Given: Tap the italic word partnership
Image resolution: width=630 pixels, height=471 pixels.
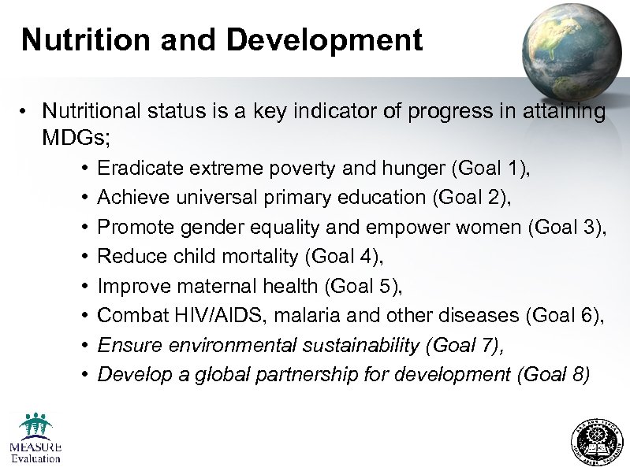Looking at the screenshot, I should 308,375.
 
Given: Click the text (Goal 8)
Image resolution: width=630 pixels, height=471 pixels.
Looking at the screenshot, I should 553,375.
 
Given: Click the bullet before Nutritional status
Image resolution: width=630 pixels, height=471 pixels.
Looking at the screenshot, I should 26,112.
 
